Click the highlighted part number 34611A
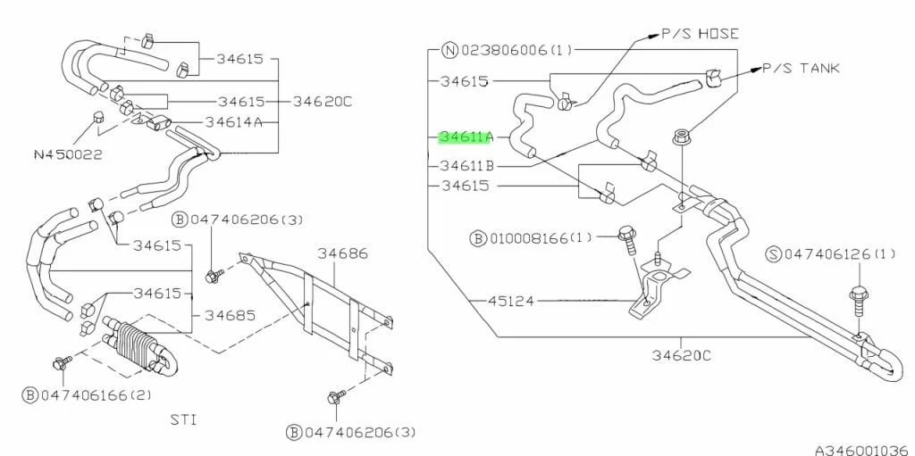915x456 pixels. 466,137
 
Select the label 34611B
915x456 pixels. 466,166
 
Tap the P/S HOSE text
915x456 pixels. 700,34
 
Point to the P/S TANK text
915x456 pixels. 801,68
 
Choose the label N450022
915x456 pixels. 68,154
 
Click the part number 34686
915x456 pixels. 345,254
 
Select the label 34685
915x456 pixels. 231,315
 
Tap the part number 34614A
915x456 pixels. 233,122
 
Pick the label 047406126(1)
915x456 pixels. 840,254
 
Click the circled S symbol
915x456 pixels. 775,254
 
